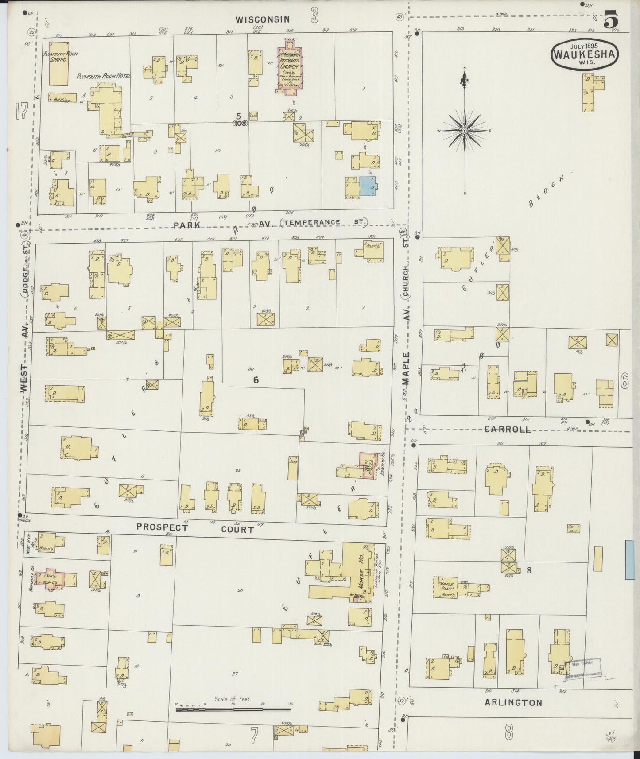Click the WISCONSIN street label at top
click(262, 19)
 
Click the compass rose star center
click(465, 131)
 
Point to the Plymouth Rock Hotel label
click(104, 77)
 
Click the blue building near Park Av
click(367, 186)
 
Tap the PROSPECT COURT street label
click(195, 529)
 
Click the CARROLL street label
click(507, 429)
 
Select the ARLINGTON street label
click(513, 702)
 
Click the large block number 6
click(256, 379)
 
